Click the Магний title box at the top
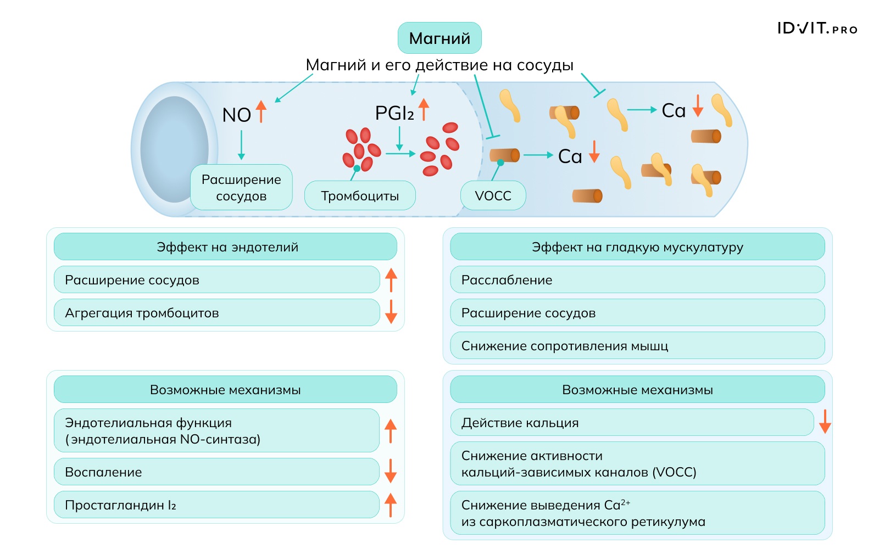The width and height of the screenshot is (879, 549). click(439, 38)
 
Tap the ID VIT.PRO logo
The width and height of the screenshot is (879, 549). click(817, 29)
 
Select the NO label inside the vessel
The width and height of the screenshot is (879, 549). click(236, 115)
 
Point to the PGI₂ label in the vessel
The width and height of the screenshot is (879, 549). click(394, 113)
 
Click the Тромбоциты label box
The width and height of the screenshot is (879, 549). click(360, 196)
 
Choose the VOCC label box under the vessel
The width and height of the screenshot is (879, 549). click(493, 196)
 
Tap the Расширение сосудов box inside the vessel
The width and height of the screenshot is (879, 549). click(241, 187)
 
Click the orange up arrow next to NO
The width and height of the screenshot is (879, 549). click(262, 111)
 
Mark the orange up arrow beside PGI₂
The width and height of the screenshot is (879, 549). click(424, 109)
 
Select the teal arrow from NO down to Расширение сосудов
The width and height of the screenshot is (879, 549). click(241, 145)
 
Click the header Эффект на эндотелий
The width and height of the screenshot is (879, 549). click(225, 247)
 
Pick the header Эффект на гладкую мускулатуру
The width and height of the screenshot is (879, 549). click(637, 247)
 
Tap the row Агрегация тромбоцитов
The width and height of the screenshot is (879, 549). click(216, 313)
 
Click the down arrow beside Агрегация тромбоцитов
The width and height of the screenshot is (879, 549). click(391, 311)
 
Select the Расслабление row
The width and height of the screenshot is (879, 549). click(637, 280)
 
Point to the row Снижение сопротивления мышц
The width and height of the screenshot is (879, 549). click(637, 346)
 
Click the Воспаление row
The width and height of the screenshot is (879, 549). click(216, 472)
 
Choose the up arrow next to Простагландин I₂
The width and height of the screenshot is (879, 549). click(391, 505)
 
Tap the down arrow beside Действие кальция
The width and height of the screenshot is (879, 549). click(825, 421)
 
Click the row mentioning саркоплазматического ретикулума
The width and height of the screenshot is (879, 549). click(637, 513)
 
